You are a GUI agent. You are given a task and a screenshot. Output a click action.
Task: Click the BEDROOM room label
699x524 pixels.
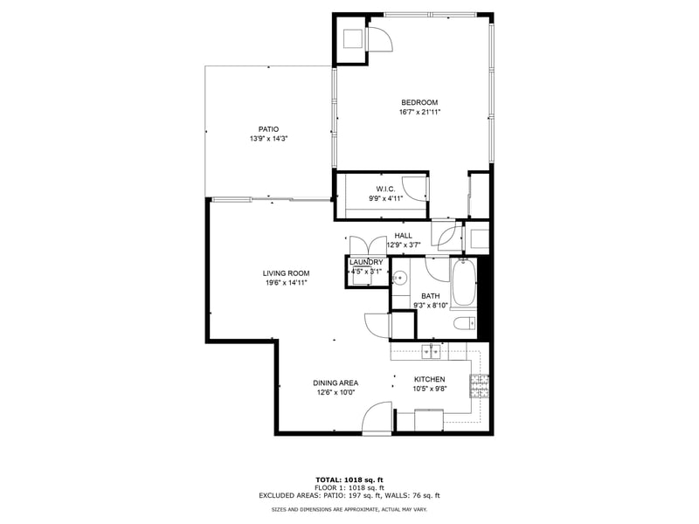coord(419,102)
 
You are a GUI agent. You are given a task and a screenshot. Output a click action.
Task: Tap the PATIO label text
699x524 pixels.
coord(268,129)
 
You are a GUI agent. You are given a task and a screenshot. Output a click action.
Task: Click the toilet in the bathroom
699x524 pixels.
coord(463,325)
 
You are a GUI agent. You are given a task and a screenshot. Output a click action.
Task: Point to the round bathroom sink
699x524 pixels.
coord(399,279)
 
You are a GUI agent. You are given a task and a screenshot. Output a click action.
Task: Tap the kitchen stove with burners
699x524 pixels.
coord(479,383)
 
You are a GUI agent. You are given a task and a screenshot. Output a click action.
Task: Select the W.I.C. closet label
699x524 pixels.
coord(385,189)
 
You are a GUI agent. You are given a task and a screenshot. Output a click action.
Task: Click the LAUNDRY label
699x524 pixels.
coord(366,262)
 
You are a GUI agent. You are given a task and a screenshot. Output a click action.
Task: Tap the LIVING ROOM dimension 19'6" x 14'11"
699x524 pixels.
coord(286,282)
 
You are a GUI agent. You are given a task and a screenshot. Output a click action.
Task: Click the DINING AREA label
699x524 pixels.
coord(336,383)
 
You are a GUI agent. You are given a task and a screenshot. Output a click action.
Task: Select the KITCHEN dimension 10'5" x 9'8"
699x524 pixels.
coord(429,390)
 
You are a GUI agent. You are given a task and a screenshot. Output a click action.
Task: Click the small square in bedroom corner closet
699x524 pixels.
coord(352,39)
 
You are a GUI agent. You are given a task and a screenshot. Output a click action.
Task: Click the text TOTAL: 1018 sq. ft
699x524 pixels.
coord(349,479)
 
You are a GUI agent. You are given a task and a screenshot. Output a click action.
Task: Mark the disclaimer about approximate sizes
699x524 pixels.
coord(349,508)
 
